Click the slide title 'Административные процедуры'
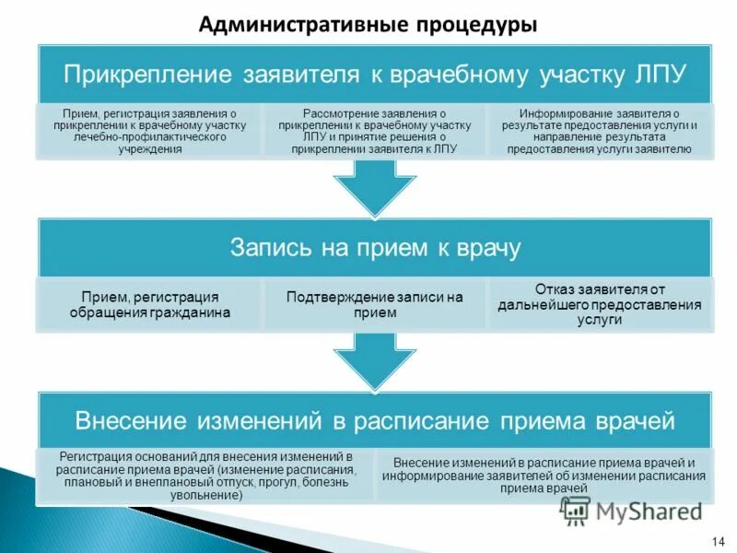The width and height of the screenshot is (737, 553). click(368, 24)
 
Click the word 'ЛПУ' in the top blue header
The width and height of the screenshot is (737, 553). click(660, 73)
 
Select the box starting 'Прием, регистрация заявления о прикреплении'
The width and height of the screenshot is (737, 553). click(149, 131)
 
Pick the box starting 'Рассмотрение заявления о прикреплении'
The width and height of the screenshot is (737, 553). click(374, 131)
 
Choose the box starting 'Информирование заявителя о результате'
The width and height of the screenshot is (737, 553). click(600, 131)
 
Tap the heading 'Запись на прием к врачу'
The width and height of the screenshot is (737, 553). click(374, 248)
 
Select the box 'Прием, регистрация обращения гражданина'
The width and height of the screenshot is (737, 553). click(149, 305)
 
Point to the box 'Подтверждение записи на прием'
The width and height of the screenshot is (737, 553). click(374, 305)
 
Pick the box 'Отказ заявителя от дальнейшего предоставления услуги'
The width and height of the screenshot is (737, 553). click(600, 305)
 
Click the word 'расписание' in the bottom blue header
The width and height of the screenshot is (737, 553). click(421, 421)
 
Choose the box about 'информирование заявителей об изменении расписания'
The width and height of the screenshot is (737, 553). click(544, 476)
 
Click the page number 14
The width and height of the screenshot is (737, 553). click(717, 540)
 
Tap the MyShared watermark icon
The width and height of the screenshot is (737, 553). click(576, 509)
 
